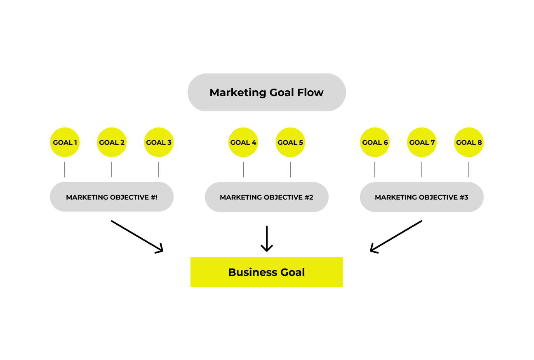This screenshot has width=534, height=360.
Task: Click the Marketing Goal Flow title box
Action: coord(266,92)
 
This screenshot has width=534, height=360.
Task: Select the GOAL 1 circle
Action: coord(65,142)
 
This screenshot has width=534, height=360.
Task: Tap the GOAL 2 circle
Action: coord(112,142)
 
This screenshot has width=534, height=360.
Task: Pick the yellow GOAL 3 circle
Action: coord(159,142)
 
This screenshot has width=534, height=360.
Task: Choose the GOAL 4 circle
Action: coord(243,142)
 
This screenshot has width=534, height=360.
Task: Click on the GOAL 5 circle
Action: coord(290,142)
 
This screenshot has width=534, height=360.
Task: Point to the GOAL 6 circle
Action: coord(375,142)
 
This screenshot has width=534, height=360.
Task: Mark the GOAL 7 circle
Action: coord(422,142)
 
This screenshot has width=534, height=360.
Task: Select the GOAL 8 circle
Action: coord(469,142)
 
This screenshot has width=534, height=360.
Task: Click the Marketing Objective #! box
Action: coord(112,197)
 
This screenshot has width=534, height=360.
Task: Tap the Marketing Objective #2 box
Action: coord(267,197)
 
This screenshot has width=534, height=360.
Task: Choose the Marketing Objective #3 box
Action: coord(422,197)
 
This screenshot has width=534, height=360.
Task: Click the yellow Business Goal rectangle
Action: coord(266,272)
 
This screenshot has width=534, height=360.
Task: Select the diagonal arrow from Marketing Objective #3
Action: coord(396,236)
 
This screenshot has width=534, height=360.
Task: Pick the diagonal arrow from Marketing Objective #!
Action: coord(137,236)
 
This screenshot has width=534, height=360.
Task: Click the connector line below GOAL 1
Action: coord(65,169)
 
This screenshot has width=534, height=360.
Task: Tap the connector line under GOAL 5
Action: coord(290,169)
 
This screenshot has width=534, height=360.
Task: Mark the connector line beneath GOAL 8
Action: coord(469,169)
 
